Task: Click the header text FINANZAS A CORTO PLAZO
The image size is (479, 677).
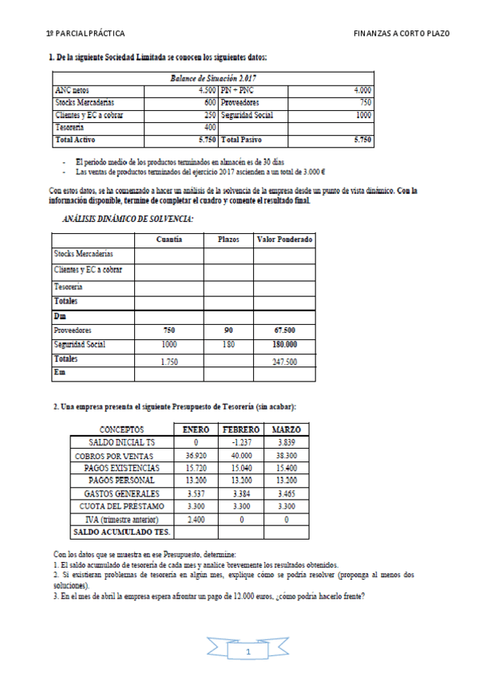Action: tap(401, 34)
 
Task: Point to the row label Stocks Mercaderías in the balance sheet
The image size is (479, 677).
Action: tap(85, 103)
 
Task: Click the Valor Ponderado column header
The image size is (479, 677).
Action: tap(284, 240)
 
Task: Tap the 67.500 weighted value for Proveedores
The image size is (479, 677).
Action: tap(284, 330)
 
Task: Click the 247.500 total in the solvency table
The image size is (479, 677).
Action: tap(284, 361)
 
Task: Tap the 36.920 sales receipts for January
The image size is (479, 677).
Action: tap(196, 455)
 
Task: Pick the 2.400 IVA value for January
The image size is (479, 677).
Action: tap(196, 519)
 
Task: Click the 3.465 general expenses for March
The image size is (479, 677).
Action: tap(285, 493)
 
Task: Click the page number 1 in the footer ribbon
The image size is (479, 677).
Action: tap(248, 652)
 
